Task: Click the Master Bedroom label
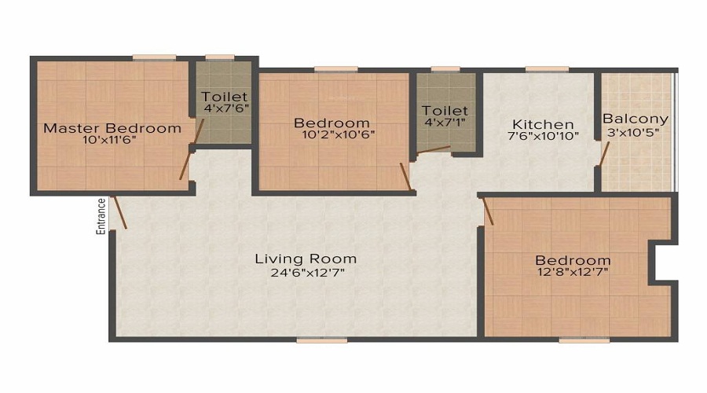pos(112,127)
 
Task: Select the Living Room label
pos(306,259)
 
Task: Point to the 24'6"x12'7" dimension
pos(306,273)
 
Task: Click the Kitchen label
pos(543,124)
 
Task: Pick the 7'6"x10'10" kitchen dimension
pos(543,136)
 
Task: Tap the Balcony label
pos(636,119)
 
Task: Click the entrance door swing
pos(119,211)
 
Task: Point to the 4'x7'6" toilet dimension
pos(224,108)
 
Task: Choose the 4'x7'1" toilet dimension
pos(445,123)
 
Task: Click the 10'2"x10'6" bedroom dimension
pos(332,134)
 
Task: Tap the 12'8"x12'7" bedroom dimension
pos(573,273)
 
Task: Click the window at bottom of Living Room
pos(321,340)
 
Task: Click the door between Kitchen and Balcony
pos(601,156)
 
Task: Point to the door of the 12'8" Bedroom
pos(487,211)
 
